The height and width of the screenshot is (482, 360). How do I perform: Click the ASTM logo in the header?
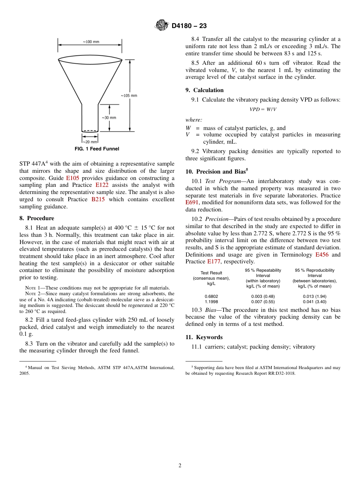point(162,26)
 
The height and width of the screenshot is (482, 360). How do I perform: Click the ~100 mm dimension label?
point(91,42)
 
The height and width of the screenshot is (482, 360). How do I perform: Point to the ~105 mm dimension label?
point(129,95)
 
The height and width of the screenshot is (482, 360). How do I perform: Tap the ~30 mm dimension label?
point(109,117)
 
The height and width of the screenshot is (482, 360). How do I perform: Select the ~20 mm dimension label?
point(90,142)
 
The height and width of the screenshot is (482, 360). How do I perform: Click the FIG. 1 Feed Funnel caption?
point(97,149)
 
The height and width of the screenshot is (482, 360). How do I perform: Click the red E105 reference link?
point(73,178)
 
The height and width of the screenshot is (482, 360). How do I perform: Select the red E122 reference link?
point(102,185)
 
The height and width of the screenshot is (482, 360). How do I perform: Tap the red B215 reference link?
point(98,200)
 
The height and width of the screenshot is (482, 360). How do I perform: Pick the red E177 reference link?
point(214,262)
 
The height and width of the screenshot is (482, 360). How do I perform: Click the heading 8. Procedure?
point(37,218)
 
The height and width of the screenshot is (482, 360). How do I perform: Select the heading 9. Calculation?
point(204,90)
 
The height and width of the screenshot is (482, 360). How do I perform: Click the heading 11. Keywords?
point(204,337)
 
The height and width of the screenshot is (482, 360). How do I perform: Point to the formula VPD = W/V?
point(263,109)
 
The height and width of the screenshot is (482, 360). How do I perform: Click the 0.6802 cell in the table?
point(211,296)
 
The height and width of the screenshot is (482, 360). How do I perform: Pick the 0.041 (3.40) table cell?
point(315,302)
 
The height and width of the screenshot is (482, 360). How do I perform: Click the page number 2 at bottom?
point(180,466)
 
